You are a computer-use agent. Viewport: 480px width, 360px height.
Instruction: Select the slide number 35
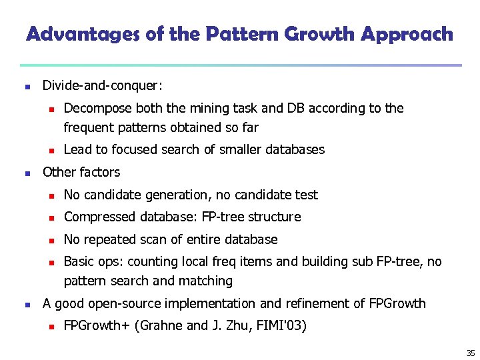point(471,353)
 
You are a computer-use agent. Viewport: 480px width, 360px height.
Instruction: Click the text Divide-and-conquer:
point(103,86)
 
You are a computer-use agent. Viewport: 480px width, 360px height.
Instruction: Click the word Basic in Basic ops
point(79,262)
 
